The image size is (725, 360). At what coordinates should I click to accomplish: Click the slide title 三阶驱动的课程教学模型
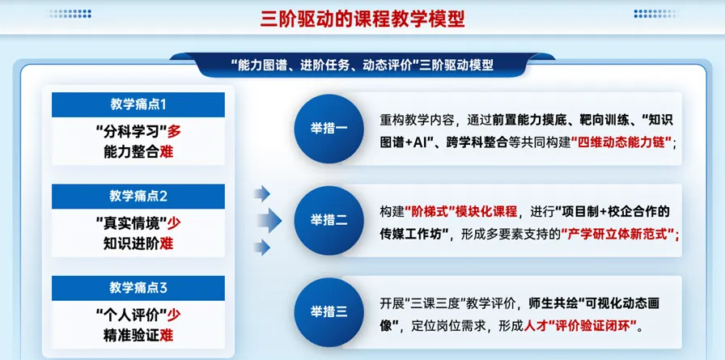pyautogui.click(x=362, y=19)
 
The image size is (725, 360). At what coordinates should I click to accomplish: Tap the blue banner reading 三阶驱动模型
pyautogui.click(x=362, y=66)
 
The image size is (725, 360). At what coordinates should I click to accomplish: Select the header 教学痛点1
pyautogui.click(x=138, y=104)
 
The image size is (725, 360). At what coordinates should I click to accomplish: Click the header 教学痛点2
pyautogui.click(x=138, y=197)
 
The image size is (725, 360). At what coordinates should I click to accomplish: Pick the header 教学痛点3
pyautogui.click(x=138, y=288)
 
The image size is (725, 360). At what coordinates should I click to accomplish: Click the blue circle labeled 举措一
pyautogui.click(x=329, y=129)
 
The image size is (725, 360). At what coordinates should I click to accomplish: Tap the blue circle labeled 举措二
pyautogui.click(x=329, y=220)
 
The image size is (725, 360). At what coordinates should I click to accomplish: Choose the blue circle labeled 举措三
pyautogui.click(x=329, y=312)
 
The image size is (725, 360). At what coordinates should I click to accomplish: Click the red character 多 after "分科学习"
pyautogui.click(x=173, y=132)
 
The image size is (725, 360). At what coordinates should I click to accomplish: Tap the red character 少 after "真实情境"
pyautogui.click(x=173, y=223)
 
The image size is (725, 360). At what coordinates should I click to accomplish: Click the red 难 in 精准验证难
pyautogui.click(x=167, y=335)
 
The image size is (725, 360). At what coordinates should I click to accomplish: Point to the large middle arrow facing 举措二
pyautogui.click(x=269, y=220)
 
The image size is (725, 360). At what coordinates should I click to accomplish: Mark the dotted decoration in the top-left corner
pyautogui.click(x=69, y=14)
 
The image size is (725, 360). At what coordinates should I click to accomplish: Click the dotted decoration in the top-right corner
pyautogui.click(x=655, y=14)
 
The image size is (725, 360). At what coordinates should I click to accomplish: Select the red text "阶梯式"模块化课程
pyautogui.click(x=461, y=212)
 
